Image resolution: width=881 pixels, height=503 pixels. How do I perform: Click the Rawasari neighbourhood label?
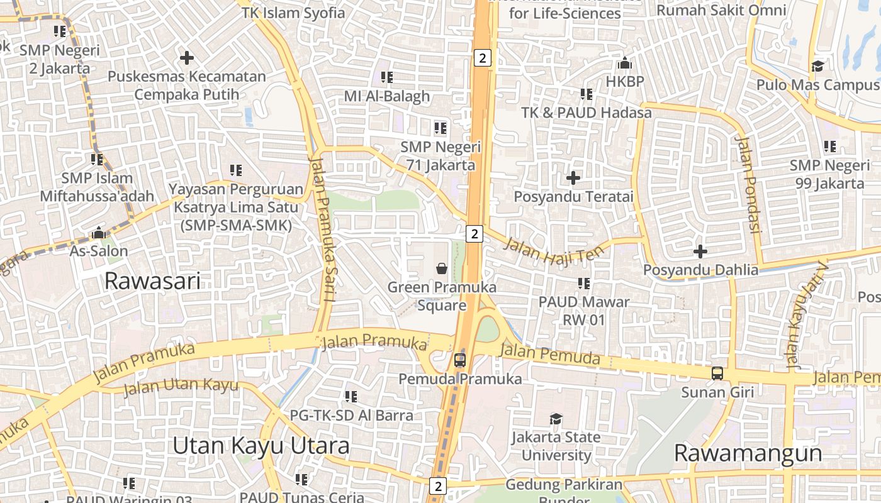tap(152, 280)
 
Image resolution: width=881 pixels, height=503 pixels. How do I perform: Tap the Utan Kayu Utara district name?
tap(261, 446)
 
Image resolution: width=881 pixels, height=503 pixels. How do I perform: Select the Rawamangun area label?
tap(748, 453)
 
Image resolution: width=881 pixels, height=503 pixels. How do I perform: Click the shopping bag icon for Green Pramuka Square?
tap(442, 268)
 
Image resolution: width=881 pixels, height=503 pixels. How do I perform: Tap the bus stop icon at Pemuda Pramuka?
tap(460, 360)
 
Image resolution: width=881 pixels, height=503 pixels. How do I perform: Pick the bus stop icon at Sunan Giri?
tap(717, 373)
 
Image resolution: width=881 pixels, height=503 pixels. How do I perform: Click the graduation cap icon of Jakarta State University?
tap(556, 419)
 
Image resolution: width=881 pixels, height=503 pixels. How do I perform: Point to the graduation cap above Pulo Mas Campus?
tap(817, 66)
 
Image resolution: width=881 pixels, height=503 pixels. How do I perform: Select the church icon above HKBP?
tap(625, 63)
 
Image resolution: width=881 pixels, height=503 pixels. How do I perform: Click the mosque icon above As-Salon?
tap(98, 233)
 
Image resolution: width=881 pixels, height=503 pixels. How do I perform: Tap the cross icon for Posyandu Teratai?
tap(573, 178)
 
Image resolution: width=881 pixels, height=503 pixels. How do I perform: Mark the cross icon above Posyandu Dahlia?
tap(700, 251)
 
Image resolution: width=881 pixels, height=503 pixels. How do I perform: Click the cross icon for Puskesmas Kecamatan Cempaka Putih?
tap(186, 58)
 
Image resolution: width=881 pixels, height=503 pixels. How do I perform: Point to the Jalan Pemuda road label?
tap(550, 355)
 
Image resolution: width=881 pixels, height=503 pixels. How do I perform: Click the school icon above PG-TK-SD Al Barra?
tap(351, 397)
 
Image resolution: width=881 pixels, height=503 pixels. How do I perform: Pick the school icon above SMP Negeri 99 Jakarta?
tap(830, 146)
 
